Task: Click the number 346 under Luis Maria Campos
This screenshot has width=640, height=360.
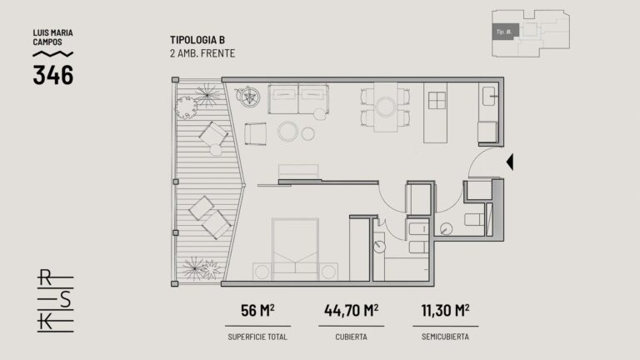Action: pyautogui.click(x=53, y=75)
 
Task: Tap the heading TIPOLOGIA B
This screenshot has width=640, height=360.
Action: pyautogui.click(x=197, y=40)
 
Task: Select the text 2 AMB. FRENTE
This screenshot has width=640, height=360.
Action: pyautogui.click(x=202, y=53)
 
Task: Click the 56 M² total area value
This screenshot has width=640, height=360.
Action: pyautogui.click(x=257, y=310)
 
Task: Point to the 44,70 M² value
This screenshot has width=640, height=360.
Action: pyautogui.click(x=351, y=310)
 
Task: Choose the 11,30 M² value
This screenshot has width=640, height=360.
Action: pyautogui.click(x=445, y=310)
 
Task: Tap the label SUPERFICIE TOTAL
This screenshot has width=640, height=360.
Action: pyautogui.click(x=257, y=337)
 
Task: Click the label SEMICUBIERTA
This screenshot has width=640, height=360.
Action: pyautogui.click(x=445, y=337)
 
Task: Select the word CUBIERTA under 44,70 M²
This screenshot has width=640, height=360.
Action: pyautogui.click(x=351, y=337)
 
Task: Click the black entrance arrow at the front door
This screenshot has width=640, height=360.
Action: pyautogui.click(x=510, y=162)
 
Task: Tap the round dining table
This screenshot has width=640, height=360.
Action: pyautogui.click(x=386, y=107)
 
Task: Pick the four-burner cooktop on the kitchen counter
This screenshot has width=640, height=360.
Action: pyautogui.click(x=437, y=100)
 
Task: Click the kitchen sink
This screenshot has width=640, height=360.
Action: pyautogui.click(x=488, y=97)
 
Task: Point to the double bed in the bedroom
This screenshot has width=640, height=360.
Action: pyautogui.click(x=296, y=249)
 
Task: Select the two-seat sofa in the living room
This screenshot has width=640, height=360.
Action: pyautogui.click(x=298, y=99)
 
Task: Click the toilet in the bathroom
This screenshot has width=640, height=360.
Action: pyautogui.click(x=474, y=220)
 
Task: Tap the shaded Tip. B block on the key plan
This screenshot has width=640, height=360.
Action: pyautogui.click(x=505, y=32)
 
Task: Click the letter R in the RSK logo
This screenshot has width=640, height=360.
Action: pyautogui.click(x=45, y=277)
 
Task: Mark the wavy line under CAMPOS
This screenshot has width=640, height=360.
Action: pyautogui.click(x=53, y=53)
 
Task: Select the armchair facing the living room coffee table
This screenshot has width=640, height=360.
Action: pyautogui.click(x=256, y=133)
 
